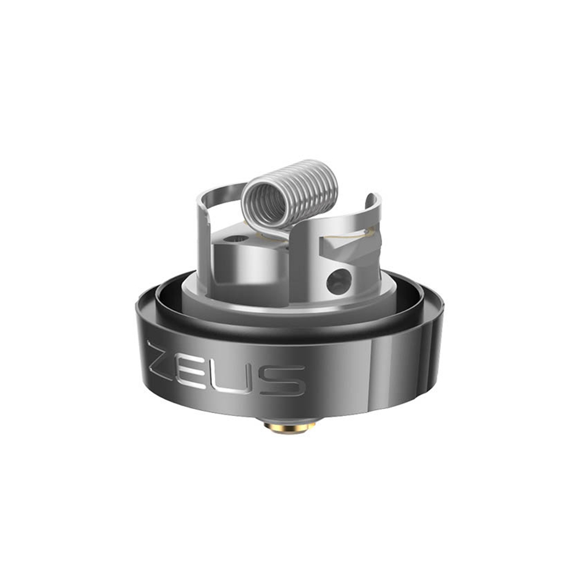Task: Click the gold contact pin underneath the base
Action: pyautogui.click(x=290, y=429)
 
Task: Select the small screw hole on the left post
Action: pyautogui.click(x=235, y=238)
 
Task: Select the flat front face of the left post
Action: pyautogui.click(x=232, y=264)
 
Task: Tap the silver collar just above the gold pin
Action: pyautogui.click(x=290, y=419)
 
